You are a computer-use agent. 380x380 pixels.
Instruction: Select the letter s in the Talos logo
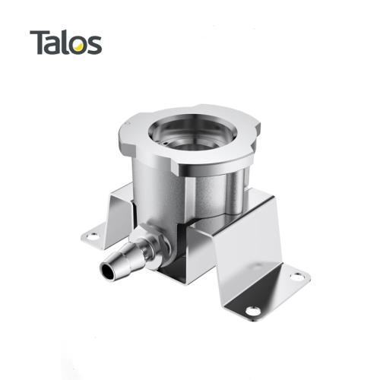93,45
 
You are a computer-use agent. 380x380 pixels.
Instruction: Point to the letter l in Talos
63,42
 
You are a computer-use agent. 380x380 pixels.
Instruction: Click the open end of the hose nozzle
107,271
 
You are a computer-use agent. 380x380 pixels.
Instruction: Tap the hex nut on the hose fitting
155,249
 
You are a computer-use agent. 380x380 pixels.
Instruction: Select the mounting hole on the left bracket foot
93,236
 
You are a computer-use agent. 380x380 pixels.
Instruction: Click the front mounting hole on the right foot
253,311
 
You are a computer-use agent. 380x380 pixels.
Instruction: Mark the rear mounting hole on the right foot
297,277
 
